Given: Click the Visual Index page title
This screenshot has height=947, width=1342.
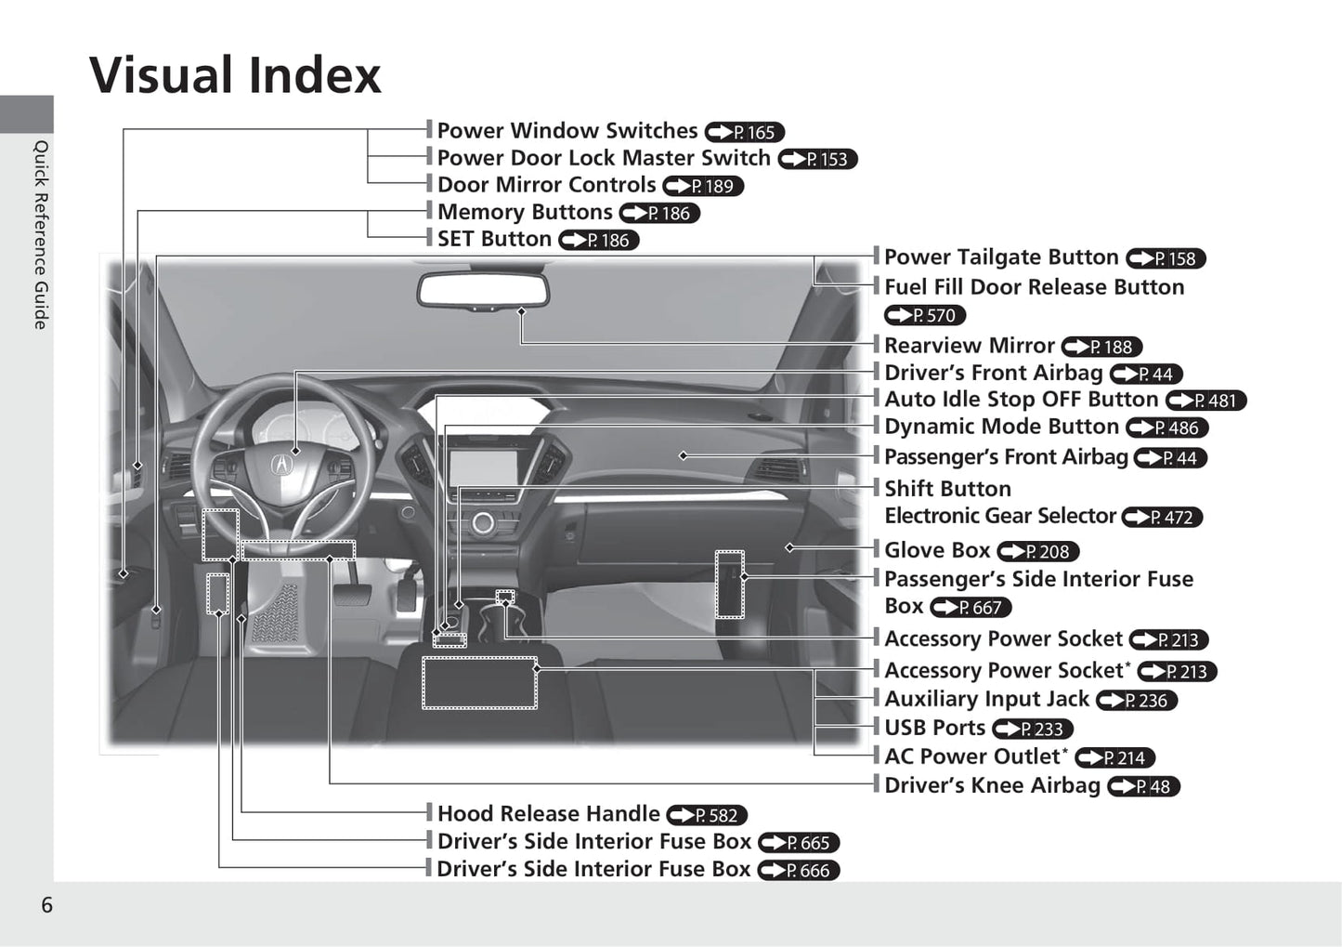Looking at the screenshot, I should pyautogui.click(x=235, y=75).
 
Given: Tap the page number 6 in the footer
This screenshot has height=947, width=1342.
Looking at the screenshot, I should pyautogui.click(x=46, y=905).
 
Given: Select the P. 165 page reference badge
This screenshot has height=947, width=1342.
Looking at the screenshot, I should pyautogui.click(x=745, y=132).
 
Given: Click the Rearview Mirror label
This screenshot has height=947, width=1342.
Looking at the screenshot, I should pyautogui.click(x=969, y=346).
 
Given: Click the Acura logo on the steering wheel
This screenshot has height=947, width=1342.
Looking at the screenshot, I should pyautogui.click(x=280, y=462).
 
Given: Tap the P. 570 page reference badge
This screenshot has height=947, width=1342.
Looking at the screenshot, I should pyautogui.click(x=925, y=315).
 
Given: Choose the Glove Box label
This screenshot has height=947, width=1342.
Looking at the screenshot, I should pyautogui.click(x=936, y=550).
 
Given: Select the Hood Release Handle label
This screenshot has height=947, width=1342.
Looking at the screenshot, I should pyautogui.click(x=548, y=814).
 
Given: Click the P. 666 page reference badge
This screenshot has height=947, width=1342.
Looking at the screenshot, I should pyautogui.click(x=799, y=870).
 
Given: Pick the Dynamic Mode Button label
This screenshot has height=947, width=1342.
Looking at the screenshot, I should pyautogui.click(x=1000, y=427).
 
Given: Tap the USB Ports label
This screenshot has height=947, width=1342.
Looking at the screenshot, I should pyautogui.click(x=933, y=728).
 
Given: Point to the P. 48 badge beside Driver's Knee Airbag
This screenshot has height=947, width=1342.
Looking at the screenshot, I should pyautogui.click(x=1143, y=786).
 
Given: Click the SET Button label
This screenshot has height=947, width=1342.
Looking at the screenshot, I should pyautogui.click(x=494, y=239).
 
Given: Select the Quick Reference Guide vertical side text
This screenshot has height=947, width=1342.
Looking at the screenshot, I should pyautogui.click(x=41, y=234).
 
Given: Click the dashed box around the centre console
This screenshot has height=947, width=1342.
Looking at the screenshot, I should pyautogui.click(x=479, y=683).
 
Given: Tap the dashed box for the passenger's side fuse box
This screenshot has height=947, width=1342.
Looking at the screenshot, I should pyautogui.click(x=729, y=585).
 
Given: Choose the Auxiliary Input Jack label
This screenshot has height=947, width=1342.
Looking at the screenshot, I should pyautogui.click(x=985, y=699).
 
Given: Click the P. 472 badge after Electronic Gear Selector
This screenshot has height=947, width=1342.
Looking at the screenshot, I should pyautogui.click(x=1162, y=517).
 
